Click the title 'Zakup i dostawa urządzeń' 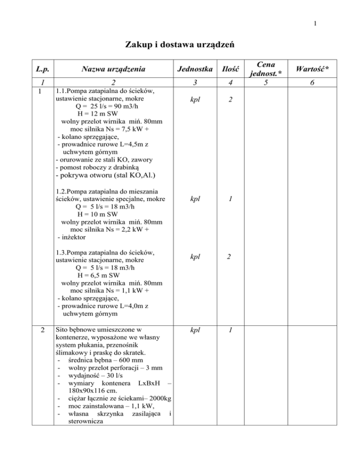(x=180, y=45)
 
